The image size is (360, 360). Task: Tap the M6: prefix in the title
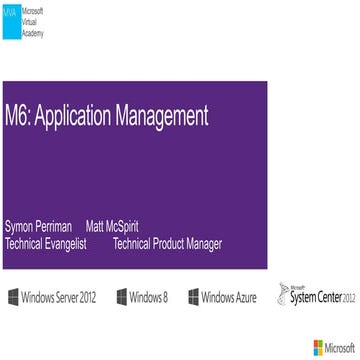[x=19, y=116]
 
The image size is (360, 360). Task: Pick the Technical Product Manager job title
[x=167, y=243]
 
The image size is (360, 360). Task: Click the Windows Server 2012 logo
[x=53, y=298]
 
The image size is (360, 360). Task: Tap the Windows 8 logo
[x=142, y=298]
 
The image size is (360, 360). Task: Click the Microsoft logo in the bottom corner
[x=334, y=347]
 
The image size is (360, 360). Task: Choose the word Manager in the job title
[x=200, y=243]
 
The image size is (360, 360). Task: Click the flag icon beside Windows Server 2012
[x=12, y=298]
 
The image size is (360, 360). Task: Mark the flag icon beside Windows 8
[x=121, y=298]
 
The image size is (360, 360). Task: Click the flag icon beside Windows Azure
[x=194, y=298]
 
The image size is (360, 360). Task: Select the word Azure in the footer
[x=242, y=298]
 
